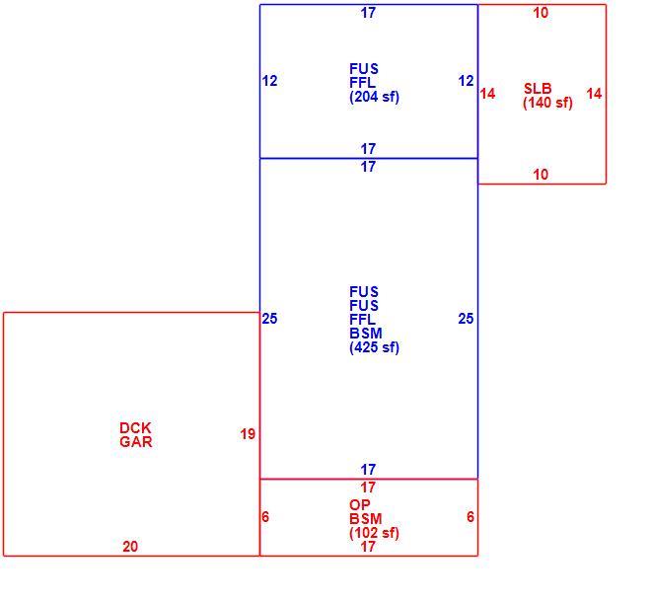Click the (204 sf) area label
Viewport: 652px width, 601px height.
(x=374, y=97)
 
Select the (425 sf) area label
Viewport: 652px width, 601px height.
(x=374, y=347)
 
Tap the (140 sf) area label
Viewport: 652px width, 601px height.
(x=547, y=103)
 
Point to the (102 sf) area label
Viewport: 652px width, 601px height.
(x=374, y=533)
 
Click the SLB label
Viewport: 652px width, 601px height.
(x=538, y=89)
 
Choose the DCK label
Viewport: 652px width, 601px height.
(x=135, y=428)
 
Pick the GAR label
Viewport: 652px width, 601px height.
(x=136, y=442)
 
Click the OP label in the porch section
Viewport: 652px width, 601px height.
(x=360, y=505)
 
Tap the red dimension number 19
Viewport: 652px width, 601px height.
(x=248, y=434)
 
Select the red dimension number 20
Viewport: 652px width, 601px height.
(x=130, y=547)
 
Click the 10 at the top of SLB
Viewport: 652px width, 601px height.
(x=541, y=13)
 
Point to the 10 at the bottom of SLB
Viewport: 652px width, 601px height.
(x=541, y=175)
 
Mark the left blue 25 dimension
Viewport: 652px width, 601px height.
(x=269, y=319)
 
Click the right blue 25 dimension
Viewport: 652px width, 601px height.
(x=466, y=319)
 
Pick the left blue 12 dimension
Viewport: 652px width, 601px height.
(x=269, y=81)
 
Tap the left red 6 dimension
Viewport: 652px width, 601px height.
(x=265, y=517)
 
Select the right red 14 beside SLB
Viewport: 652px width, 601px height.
(x=594, y=94)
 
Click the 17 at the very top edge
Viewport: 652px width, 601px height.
(x=368, y=13)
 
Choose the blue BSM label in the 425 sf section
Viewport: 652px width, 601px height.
(x=366, y=334)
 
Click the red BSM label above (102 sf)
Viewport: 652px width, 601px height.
(x=366, y=519)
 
